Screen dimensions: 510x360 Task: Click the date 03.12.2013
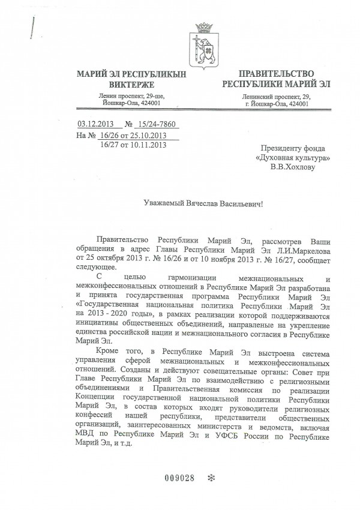[x=96, y=125]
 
